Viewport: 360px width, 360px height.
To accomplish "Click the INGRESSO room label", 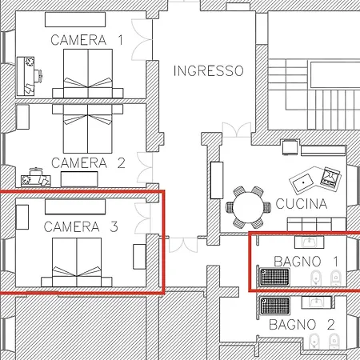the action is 209,70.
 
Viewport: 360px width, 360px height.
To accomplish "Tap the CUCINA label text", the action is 302,204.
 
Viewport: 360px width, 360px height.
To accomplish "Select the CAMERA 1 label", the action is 87,40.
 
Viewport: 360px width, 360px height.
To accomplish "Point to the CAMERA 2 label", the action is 88,163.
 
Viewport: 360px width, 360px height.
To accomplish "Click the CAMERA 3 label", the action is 81,227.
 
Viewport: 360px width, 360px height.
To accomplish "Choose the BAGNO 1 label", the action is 306,262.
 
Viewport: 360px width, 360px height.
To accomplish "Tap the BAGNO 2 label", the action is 302,325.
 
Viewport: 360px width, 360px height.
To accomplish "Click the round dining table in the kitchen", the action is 248,207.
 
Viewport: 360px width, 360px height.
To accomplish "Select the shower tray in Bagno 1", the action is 274,277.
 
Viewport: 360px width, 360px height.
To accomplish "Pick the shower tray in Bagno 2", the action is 275,306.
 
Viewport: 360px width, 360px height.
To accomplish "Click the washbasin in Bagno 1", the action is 310,242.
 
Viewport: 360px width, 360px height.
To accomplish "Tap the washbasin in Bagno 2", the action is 317,302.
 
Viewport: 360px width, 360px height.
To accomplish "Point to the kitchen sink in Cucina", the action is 303,182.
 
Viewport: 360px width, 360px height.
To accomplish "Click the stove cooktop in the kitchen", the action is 330,177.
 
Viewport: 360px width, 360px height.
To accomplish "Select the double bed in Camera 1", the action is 88,74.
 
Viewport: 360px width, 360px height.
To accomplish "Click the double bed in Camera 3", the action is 77,262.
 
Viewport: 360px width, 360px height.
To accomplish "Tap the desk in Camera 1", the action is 26,76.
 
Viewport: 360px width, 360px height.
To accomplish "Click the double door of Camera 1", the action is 142,40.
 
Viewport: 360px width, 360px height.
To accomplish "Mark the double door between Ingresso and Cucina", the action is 237,130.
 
